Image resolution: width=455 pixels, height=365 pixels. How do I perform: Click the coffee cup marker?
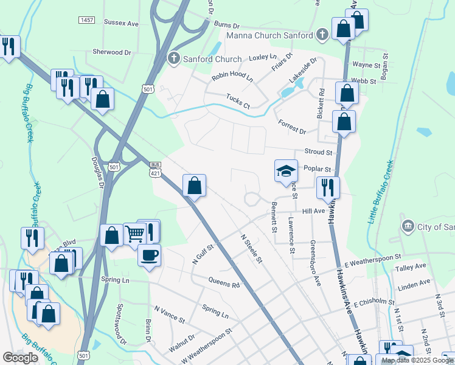149,255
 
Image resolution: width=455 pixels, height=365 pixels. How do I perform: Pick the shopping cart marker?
134,234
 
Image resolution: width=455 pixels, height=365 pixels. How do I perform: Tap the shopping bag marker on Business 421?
194,186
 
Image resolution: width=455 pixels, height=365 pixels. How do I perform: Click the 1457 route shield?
86,20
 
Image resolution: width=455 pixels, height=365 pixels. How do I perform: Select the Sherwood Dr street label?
112,52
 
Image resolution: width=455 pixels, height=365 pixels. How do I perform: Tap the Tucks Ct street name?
238,100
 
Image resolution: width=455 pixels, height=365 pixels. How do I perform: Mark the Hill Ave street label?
314,211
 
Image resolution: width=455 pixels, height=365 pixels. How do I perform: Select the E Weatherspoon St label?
372,261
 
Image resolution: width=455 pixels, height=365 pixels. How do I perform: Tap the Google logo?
21,358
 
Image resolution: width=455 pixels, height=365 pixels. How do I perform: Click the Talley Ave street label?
411,267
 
